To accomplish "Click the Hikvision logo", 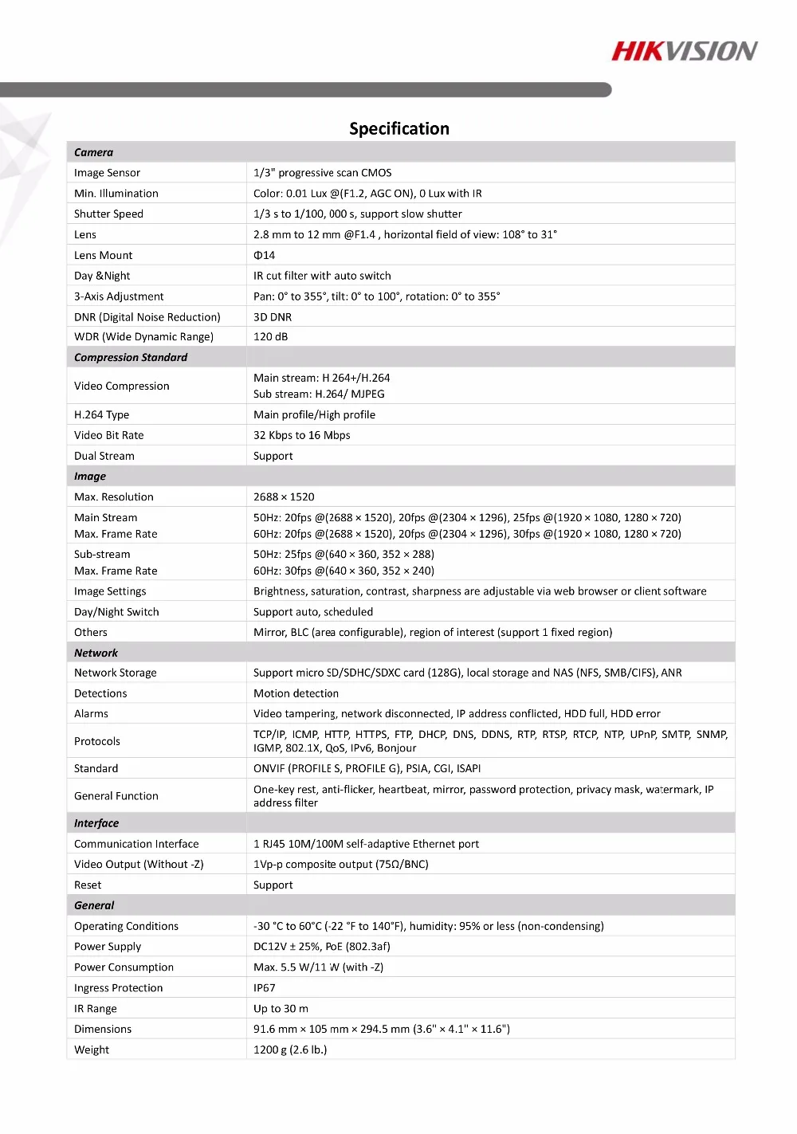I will point(684,52).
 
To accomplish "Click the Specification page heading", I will point(398,129).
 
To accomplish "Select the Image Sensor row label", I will point(107,173).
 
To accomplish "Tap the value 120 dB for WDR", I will point(270,337).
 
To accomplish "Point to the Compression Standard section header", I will point(131,358).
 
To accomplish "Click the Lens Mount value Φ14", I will point(264,255).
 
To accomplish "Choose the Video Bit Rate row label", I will point(109,435).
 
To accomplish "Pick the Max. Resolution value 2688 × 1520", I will point(284,496).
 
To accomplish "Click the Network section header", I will point(96,653).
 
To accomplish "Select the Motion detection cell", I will point(296,693).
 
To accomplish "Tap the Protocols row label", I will point(97,741).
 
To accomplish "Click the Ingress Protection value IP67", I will point(264,987).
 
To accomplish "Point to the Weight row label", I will point(92,1050).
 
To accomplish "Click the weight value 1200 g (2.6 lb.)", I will point(290,1050).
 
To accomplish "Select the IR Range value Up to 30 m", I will point(281,1008).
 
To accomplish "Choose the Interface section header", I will point(96,823).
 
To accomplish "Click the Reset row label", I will point(88,885).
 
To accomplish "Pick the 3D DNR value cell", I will point(273,317).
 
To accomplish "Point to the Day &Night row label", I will point(102,276).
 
